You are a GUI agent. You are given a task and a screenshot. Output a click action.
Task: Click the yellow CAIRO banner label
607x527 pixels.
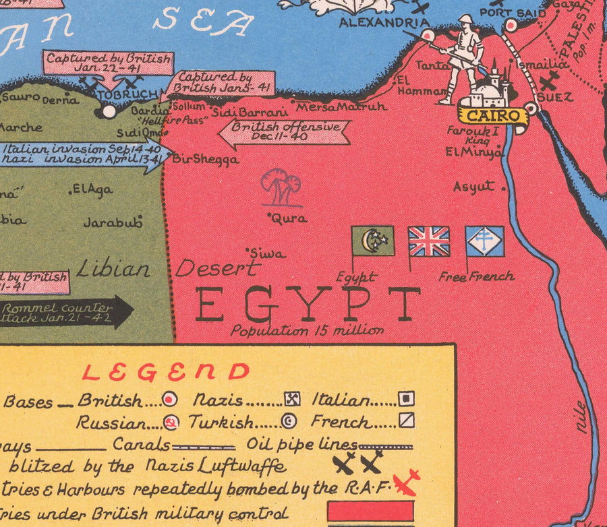point(494,115)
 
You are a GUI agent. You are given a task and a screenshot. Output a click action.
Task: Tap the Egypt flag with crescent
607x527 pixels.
point(373,241)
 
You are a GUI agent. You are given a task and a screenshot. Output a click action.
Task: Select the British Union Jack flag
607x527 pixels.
point(429,241)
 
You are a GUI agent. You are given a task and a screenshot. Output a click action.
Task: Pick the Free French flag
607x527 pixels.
point(485,241)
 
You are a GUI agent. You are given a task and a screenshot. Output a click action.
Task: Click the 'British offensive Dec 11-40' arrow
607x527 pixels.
point(284,132)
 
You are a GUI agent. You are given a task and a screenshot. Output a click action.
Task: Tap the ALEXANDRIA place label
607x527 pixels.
point(380,23)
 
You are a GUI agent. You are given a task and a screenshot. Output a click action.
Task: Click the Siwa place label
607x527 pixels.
point(268,254)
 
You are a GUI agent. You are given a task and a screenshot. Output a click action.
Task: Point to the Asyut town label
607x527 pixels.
point(474,187)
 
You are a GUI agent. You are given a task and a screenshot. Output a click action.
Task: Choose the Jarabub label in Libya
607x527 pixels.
point(113,222)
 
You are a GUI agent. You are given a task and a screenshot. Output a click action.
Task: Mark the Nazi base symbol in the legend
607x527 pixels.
point(292,399)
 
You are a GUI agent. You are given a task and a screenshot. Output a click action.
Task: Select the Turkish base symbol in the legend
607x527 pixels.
point(289,423)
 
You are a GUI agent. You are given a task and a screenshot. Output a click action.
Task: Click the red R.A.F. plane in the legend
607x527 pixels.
point(406,483)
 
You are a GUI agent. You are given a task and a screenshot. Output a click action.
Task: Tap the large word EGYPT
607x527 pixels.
point(308,305)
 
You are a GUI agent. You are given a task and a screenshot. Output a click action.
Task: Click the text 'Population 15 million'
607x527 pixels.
point(307,331)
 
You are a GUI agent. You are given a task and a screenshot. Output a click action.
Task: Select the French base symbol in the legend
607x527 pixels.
point(405,421)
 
